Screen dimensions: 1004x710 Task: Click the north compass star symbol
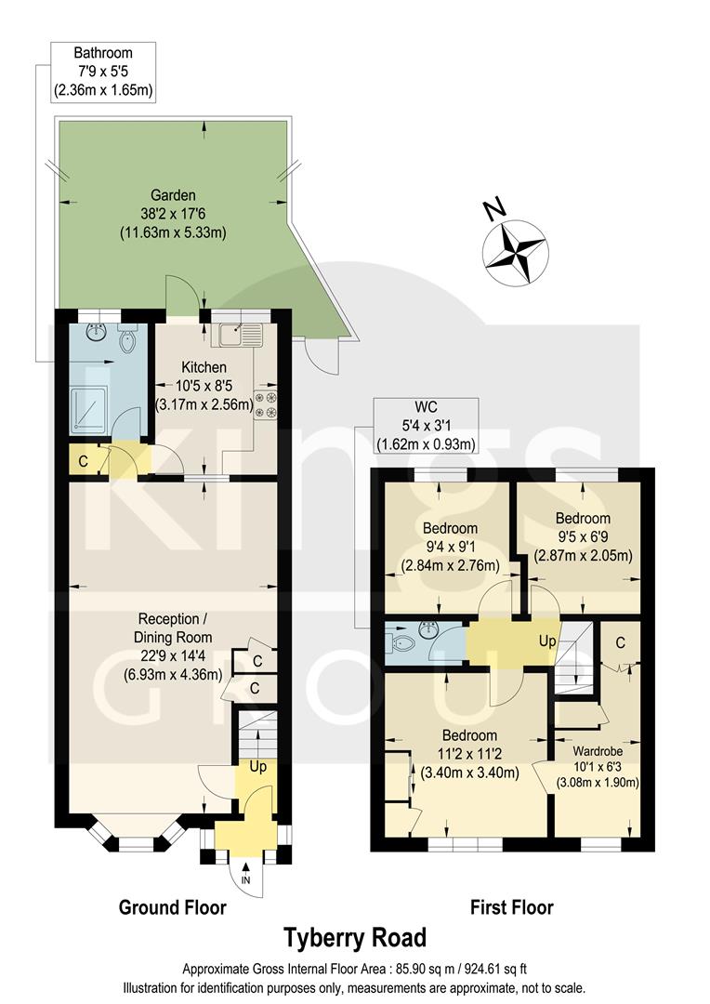(514, 250)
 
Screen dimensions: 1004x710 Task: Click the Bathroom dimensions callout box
(103, 72)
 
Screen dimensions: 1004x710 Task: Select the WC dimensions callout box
(425, 426)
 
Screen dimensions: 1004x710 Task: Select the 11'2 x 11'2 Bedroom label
(469, 753)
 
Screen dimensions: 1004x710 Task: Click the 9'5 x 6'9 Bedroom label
(583, 537)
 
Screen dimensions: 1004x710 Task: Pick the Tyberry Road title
(355, 936)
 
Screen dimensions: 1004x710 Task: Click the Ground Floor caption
(172, 907)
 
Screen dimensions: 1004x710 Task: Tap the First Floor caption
(511, 907)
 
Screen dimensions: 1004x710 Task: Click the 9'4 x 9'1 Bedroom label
(450, 547)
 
